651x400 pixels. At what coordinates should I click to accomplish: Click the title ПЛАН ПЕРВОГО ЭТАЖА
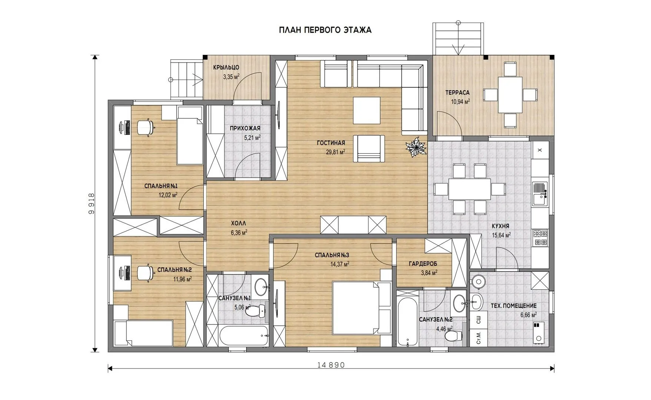[x=325, y=30]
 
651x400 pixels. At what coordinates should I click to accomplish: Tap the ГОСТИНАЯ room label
[x=331, y=143]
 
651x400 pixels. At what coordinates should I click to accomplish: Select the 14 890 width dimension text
[x=331, y=365]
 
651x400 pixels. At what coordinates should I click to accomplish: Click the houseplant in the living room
[x=416, y=147]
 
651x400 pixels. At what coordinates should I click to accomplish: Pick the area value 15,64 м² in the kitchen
[x=501, y=235]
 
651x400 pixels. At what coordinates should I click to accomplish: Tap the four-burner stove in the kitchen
[x=540, y=238]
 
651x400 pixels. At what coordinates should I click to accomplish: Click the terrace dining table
[x=510, y=94]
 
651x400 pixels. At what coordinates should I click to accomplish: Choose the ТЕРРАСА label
[x=458, y=93]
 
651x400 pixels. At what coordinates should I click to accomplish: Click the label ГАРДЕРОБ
[x=423, y=264]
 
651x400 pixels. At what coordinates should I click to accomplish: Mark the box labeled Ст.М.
[x=478, y=337]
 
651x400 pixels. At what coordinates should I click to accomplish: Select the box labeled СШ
[x=478, y=319]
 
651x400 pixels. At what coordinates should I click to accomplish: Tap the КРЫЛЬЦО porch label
[x=226, y=67]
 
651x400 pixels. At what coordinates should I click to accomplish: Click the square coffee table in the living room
[x=366, y=110]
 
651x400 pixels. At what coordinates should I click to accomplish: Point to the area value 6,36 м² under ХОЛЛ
[x=239, y=233]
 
